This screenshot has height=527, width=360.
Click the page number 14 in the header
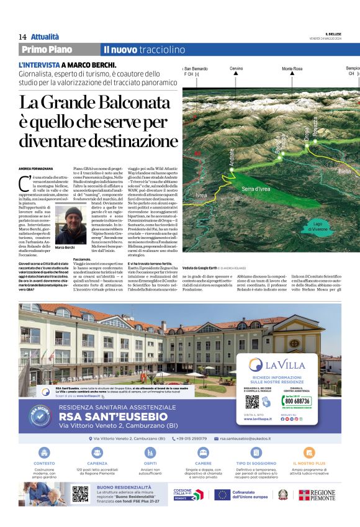click(22, 37)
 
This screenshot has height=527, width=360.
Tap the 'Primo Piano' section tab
click(47, 50)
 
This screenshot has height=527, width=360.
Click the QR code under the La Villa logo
click(251, 402)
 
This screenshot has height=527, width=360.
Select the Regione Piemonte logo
click(317, 495)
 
